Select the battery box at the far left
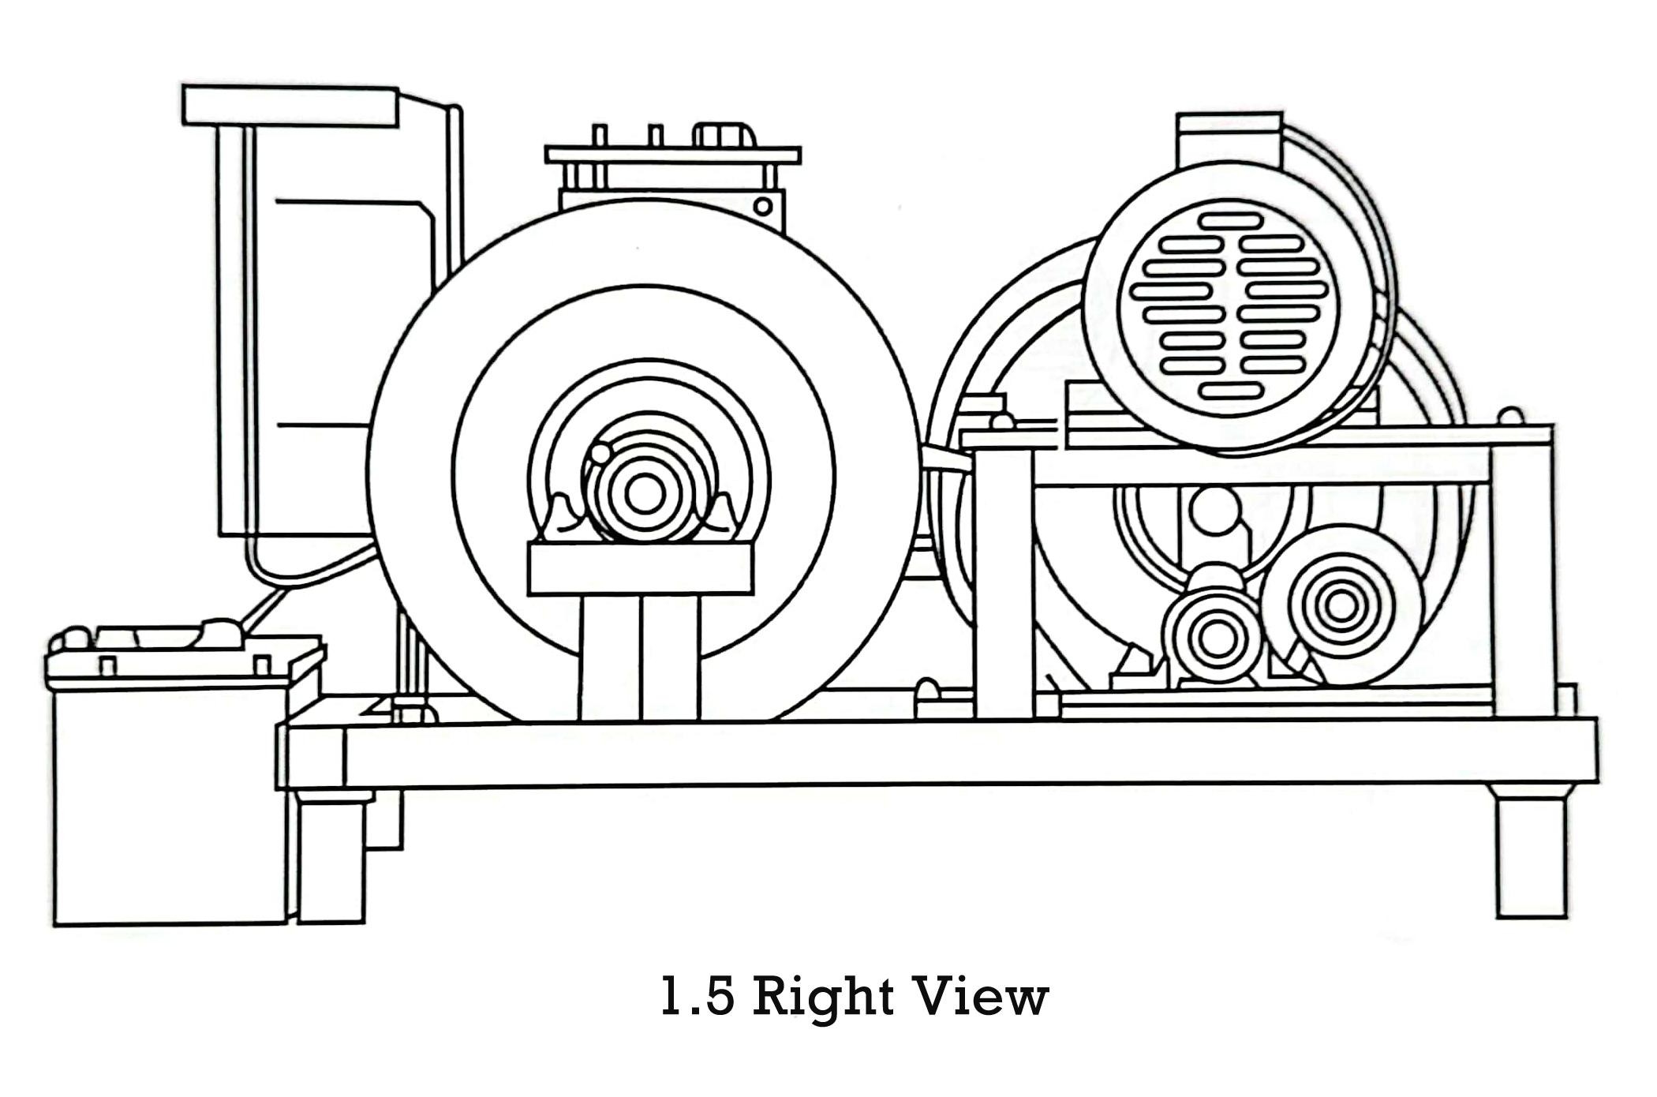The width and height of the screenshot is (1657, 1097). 170,797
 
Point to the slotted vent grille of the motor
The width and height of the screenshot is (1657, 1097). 1230,308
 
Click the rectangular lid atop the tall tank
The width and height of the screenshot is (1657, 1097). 290,105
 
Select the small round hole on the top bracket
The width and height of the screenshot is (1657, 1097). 762,206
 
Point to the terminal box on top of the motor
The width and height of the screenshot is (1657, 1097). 1228,139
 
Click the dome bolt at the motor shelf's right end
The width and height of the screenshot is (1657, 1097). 1510,416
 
